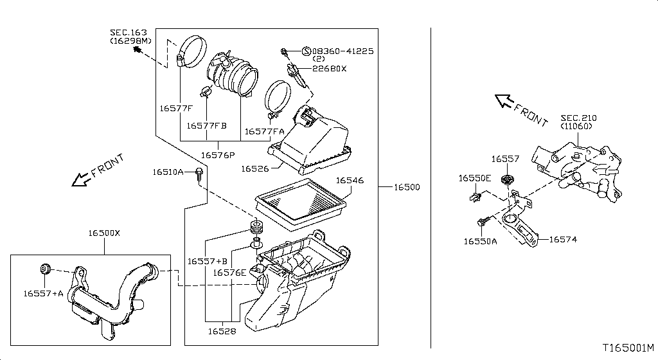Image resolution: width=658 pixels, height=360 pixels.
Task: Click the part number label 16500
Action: [x=407, y=187]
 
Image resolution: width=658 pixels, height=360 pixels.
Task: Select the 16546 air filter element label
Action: [x=350, y=181]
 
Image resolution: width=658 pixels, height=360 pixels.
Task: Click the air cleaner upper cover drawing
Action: [x=312, y=142]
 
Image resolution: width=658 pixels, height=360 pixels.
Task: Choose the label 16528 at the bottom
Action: [x=221, y=332]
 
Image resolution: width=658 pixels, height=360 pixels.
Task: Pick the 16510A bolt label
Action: [x=168, y=172]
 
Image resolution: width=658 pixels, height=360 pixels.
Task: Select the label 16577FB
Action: [x=207, y=126]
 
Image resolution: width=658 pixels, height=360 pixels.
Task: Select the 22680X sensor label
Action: [x=329, y=68]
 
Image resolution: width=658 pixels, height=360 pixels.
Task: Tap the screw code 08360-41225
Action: [x=342, y=51]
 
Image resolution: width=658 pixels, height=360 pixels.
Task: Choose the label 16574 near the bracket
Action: [x=563, y=240]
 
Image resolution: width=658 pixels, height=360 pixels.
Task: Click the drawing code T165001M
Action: [x=628, y=348]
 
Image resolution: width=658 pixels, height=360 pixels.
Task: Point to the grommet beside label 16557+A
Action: [x=45, y=267]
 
